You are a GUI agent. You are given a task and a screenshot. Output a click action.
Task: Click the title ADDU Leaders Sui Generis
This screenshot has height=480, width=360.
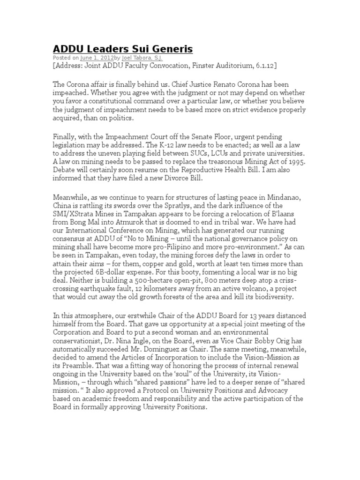pyautogui.click(x=122, y=49)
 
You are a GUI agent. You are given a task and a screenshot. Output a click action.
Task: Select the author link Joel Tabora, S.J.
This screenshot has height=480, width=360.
pyautogui.click(x=141, y=58)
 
